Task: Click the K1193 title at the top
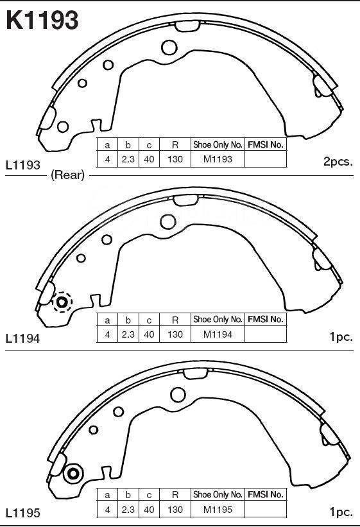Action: tap(42, 20)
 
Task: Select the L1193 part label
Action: tap(23, 165)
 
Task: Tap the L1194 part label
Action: tap(23, 338)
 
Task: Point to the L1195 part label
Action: tap(23, 513)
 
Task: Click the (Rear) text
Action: tap(67, 175)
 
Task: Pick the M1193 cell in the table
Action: tap(218, 159)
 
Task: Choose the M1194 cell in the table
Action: tap(218, 334)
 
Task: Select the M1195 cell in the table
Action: tap(218, 510)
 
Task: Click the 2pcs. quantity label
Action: tap(338, 162)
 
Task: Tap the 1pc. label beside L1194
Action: tap(341, 337)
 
